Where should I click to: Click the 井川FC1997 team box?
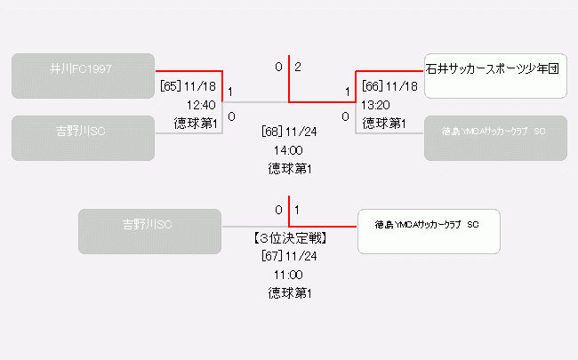point(84,76)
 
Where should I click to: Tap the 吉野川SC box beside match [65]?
point(84,139)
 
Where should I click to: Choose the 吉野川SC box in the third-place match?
point(149,231)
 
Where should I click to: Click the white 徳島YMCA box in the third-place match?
point(429,231)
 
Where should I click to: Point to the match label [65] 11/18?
point(189,86)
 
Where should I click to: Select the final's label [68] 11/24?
point(289,132)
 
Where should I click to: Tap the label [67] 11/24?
point(289,256)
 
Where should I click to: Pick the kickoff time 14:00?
point(289,149)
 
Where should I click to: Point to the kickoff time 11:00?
point(289,275)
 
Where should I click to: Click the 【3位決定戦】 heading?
point(289,238)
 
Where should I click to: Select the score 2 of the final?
point(298,67)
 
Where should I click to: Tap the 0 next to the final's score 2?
point(278,67)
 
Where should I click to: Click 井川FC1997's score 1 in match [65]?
point(231,91)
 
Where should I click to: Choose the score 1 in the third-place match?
point(296,210)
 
